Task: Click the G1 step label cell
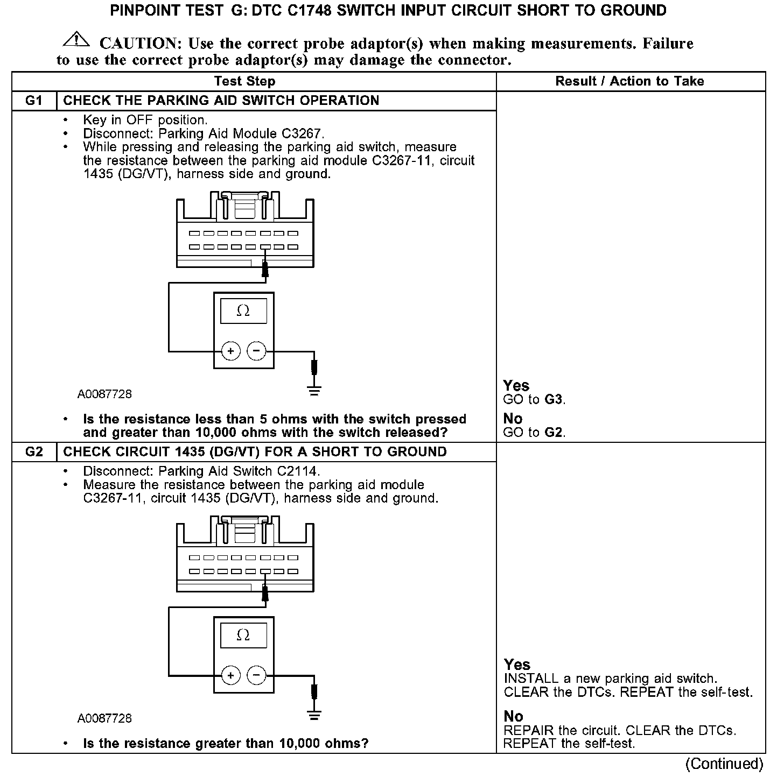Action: (x=34, y=101)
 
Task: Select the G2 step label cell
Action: (x=34, y=452)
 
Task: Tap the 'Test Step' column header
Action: (x=244, y=81)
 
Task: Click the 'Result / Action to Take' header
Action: (x=629, y=81)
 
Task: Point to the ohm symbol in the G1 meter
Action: (x=243, y=311)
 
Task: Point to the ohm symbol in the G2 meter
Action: (x=243, y=635)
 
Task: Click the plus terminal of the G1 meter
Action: (x=230, y=351)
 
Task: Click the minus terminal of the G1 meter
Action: (x=256, y=351)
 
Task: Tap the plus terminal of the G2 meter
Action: (x=230, y=675)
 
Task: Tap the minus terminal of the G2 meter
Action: (x=256, y=675)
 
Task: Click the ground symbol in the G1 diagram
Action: (x=314, y=391)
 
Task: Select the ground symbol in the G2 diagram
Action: (x=314, y=715)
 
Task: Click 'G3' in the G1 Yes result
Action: (x=554, y=400)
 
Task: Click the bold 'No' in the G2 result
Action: (x=513, y=716)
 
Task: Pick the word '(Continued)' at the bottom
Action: (x=724, y=764)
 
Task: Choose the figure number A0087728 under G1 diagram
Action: (x=104, y=394)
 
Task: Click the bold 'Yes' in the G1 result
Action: (x=516, y=386)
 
